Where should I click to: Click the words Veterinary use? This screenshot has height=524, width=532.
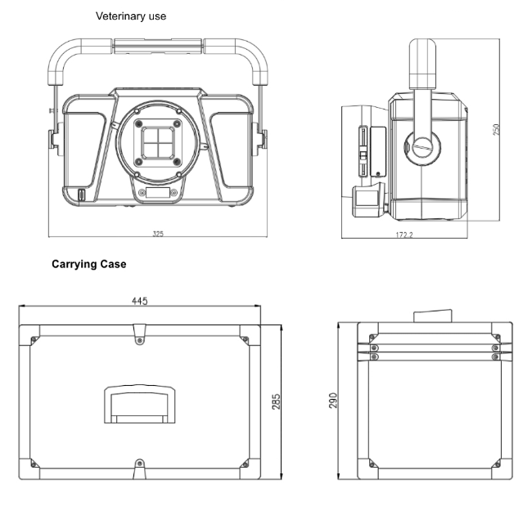point(132,16)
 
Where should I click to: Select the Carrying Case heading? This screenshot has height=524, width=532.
point(89,266)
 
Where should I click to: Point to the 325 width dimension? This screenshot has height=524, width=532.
point(158,234)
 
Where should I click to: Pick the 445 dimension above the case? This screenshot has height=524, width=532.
point(139,302)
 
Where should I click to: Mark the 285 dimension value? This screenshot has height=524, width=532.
point(276,401)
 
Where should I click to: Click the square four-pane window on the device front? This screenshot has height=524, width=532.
point(157,141)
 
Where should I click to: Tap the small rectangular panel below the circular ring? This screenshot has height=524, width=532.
point(158,193)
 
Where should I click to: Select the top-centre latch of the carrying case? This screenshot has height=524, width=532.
point(139,331)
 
